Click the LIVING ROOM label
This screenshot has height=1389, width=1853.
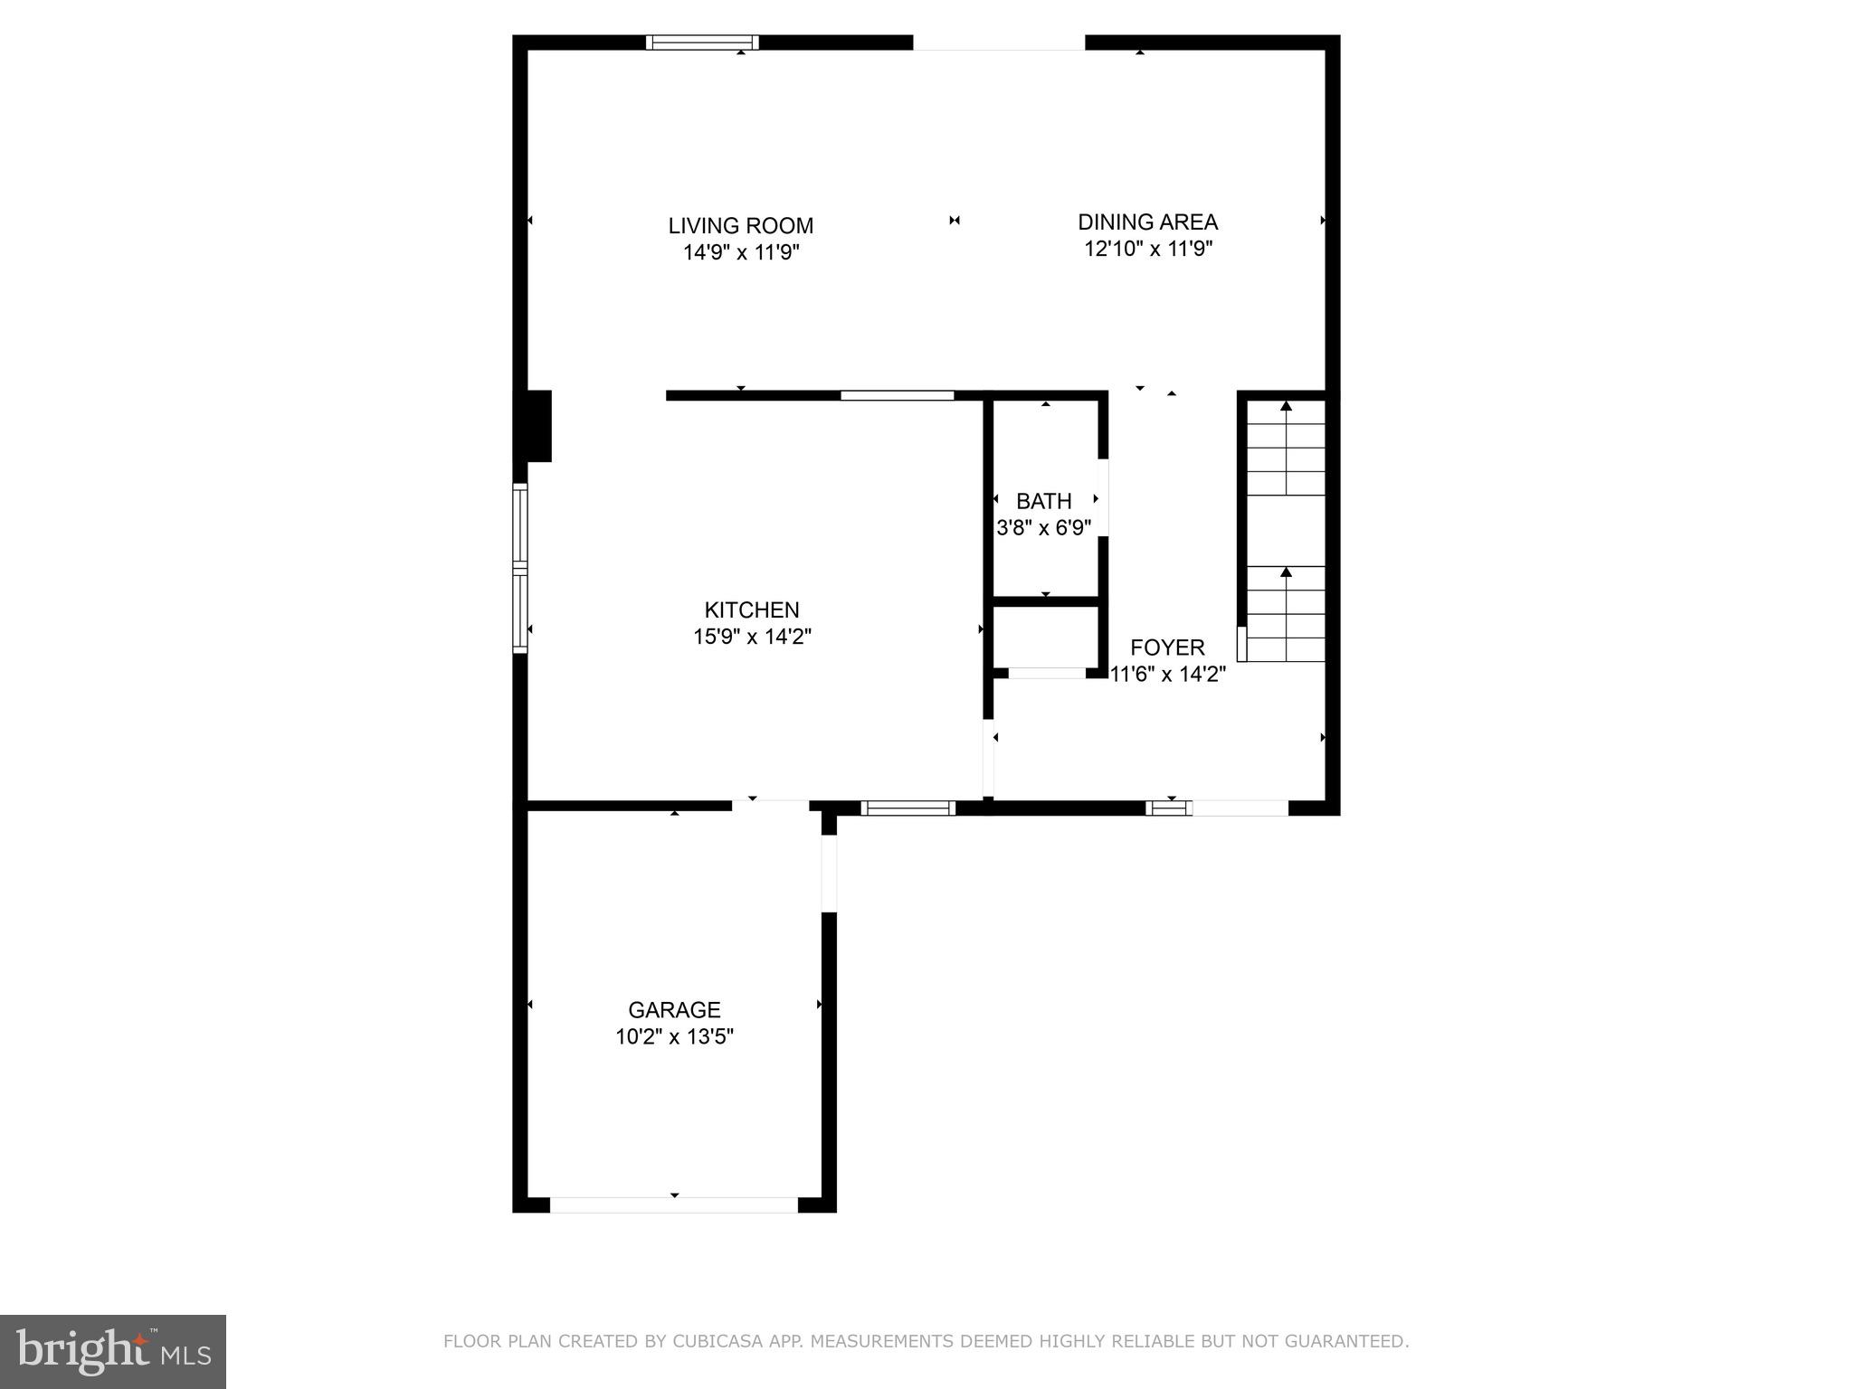[740, 226]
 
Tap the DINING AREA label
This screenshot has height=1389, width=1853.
[1147, 222]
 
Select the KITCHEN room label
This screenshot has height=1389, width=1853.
[752, 610]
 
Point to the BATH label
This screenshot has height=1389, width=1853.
[1043, 501]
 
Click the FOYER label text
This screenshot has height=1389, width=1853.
[1167, 647]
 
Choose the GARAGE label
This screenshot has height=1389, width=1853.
[674, 1010]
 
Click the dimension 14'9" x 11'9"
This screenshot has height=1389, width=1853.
[740, 252]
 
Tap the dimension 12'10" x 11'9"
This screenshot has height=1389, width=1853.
[1147, 249]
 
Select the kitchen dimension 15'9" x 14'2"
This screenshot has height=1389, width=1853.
[752, 637]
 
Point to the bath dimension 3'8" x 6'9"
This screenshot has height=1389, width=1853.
[1043, 527]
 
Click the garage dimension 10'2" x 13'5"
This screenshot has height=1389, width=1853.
[674, 1036]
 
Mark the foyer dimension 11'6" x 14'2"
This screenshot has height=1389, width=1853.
[1167, 674]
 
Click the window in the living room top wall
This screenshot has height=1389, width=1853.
[702, 43]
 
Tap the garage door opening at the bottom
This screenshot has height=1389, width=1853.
[674, 1205]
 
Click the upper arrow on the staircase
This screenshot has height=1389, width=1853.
[1286, 407]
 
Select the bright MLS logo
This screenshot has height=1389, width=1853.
[113, 1352]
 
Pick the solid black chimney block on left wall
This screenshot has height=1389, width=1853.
[533, 426]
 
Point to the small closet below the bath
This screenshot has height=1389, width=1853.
[1046, 637]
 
